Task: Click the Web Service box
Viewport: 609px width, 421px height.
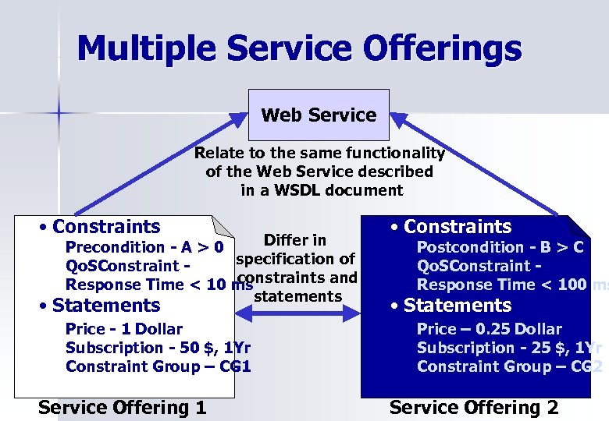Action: (318, 115)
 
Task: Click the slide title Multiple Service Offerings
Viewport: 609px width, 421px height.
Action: (299, 48)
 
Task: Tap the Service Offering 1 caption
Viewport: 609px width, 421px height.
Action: (122, 407)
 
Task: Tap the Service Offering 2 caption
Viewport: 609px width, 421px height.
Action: (474, 407)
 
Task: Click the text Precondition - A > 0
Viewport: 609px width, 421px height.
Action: (145, 248)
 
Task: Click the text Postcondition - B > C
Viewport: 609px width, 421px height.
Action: (500, 248)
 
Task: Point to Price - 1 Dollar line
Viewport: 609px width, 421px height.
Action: (124, 329)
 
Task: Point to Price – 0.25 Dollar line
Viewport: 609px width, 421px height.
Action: (489, 329)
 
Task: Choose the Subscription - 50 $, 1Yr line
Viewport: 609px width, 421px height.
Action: (158, 348)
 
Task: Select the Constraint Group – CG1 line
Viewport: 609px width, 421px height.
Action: (158, 366)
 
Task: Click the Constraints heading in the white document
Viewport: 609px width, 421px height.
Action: (105, 227)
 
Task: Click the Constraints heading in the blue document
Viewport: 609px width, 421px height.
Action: (457, 227)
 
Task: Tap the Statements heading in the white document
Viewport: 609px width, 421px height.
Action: (105, 306)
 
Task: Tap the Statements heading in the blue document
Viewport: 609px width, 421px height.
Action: (457, 306)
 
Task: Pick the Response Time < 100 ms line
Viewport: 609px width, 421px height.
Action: (512, 285)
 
